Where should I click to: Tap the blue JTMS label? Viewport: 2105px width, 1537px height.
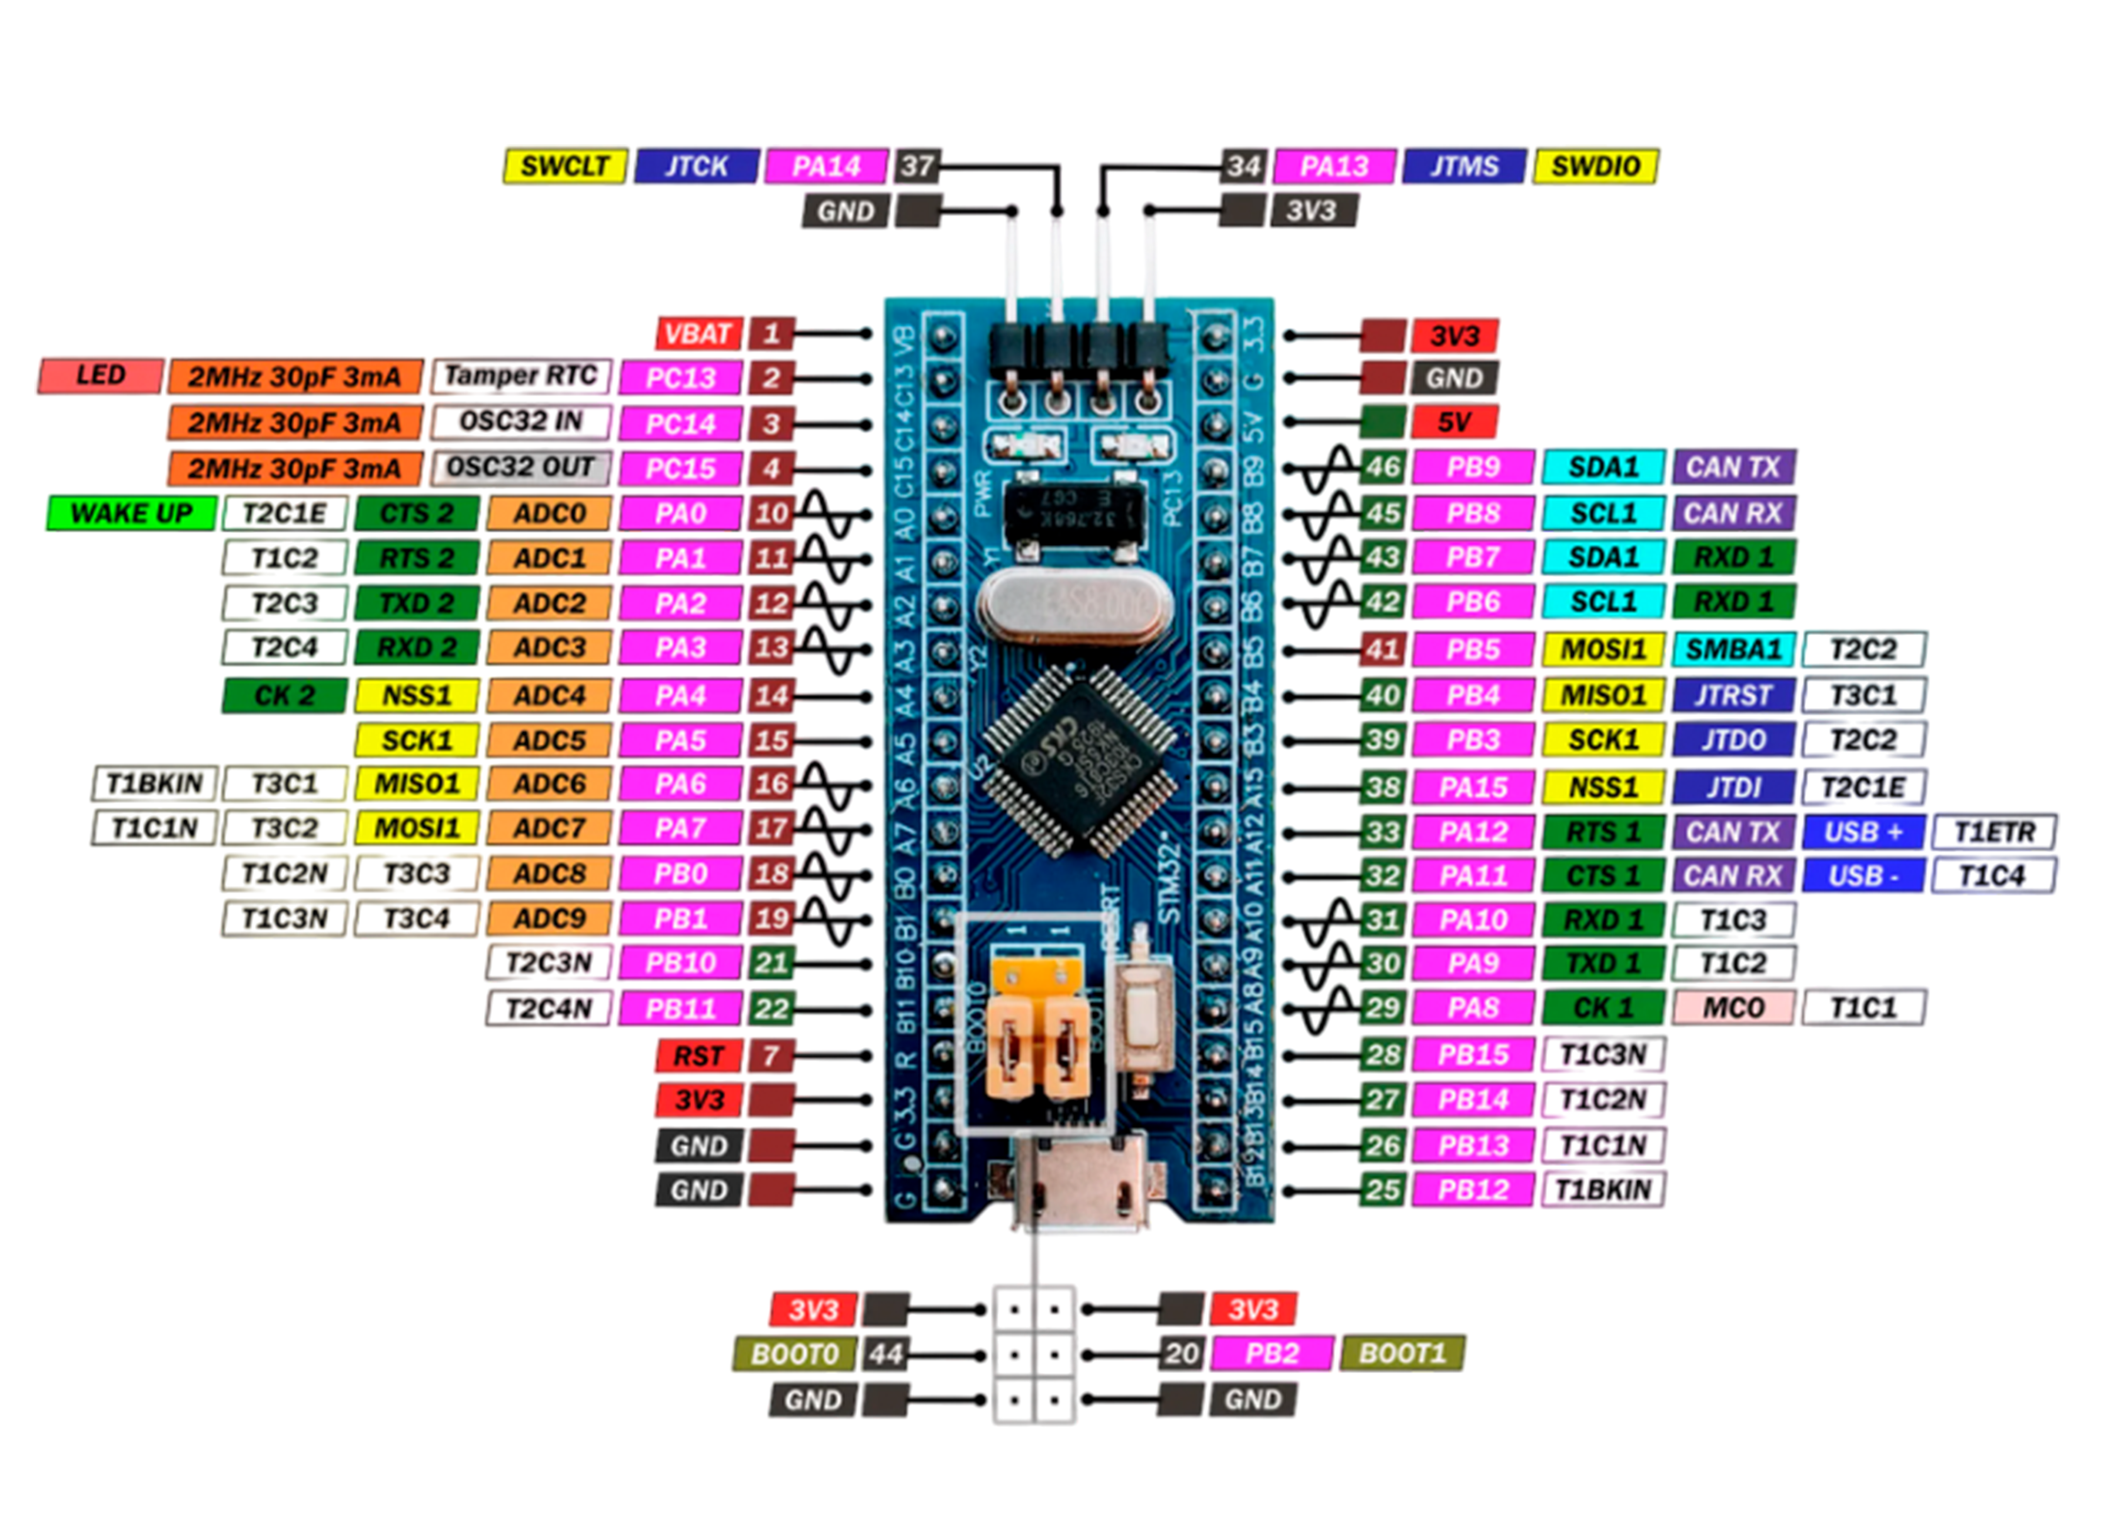[1464, 166]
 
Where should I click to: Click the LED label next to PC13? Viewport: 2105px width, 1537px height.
[100, 376]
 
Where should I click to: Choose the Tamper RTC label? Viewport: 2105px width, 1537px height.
[521, 376]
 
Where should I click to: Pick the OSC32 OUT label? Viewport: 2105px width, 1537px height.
[521, 467]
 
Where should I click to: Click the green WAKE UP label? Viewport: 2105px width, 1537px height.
[131, 513]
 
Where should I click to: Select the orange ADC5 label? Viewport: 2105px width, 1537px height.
[549, 741]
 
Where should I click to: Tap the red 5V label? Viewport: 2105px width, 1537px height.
[1453, 423]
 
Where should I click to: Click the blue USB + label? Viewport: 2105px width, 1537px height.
[1863, 831]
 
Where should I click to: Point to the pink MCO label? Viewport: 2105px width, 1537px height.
[1733, 1007]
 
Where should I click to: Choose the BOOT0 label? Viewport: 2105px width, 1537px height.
[794, 1354]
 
